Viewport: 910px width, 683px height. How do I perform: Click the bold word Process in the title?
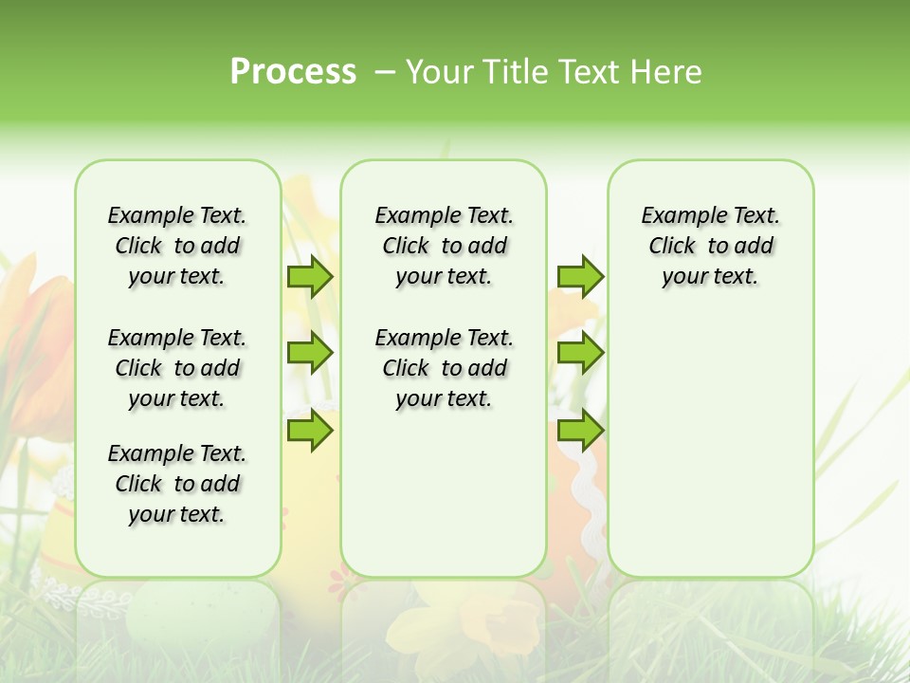tap(293, 71)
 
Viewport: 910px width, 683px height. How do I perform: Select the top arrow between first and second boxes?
tap(309, 276)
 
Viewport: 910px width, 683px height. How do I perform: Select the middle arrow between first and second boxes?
tap(309, 353)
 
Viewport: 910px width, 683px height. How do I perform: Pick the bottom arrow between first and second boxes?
tap(309, 430)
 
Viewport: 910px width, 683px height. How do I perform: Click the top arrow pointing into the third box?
tap(579, 276)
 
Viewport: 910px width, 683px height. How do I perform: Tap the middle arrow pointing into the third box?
tap(579, 353)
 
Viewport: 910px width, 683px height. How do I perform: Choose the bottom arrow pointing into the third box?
tap(579, 430)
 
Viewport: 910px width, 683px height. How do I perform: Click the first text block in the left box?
tap(177, 246)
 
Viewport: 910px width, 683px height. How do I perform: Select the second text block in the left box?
tap(177, 368)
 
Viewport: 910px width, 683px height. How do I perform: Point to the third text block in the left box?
tap(177, 484)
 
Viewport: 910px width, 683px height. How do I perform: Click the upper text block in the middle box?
tap(444, 246)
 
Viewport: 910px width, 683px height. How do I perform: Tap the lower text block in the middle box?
tap(444, 368)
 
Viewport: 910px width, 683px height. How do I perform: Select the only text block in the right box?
tap(710, 246)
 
